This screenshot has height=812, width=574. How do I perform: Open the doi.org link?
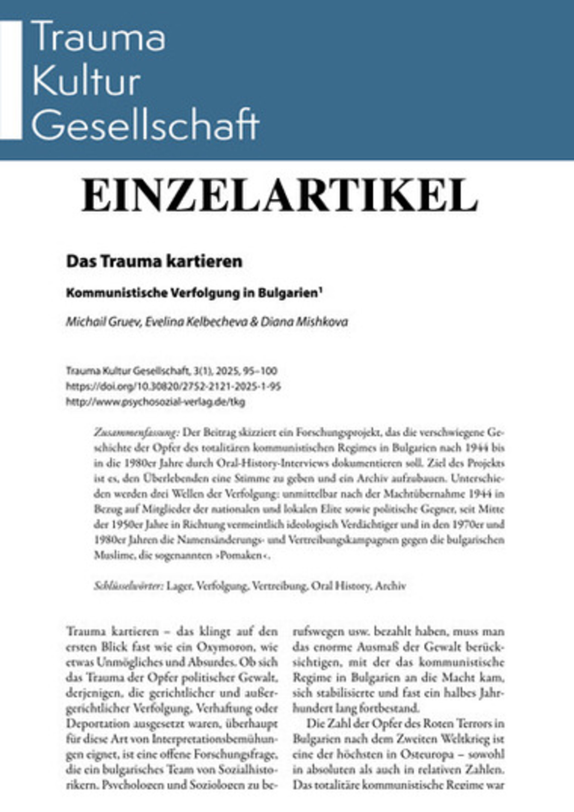(173, 387)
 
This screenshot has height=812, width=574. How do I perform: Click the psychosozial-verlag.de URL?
(155, 402)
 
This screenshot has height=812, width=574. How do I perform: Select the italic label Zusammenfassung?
(137, 433)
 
